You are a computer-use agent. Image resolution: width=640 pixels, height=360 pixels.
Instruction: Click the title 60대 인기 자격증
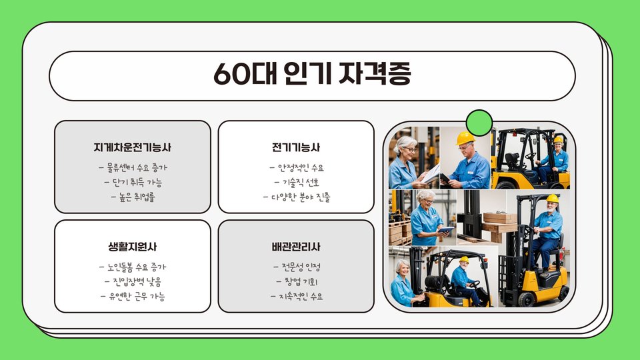click(x=312, y=74)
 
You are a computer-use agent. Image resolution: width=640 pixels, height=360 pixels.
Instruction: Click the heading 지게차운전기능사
click(x=132, y=147)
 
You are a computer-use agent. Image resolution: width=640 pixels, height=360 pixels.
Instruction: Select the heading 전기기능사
click(x=296, y=147)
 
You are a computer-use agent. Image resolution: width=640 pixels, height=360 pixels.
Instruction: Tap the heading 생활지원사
click(x=132, y=247)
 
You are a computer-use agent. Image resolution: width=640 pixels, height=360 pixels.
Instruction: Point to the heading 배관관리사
click(x=296, y=247)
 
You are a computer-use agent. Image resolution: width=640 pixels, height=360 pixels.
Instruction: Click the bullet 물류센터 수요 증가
click(x=133, y=167)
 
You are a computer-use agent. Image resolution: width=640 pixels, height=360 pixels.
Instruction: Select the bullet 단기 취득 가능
click(x=133, y=182)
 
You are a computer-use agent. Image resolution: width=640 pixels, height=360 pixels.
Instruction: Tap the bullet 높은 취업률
click(x=133, y=197)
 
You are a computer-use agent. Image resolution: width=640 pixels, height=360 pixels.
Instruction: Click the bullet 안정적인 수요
click(x=296, y=167)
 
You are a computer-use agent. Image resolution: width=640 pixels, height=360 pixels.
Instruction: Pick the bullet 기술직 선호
click(x=296, y=182)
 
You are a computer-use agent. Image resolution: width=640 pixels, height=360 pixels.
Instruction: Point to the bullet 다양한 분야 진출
click(x=296, y=197)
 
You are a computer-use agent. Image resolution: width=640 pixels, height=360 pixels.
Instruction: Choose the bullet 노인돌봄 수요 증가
click(x=133, y=267)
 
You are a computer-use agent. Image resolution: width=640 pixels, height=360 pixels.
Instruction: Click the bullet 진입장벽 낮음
click(x=133, y=281)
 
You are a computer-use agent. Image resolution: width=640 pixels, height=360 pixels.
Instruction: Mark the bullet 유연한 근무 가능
click(x=133, y=296)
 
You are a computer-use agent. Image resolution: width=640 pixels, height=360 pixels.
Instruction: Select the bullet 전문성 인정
click(x=296, y=267)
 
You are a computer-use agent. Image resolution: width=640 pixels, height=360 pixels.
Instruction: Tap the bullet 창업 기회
click(x=296, y=281)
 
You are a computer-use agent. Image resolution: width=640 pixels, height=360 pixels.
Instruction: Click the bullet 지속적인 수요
click(x=296, y=296)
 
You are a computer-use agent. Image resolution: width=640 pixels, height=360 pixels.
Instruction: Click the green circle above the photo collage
click(x=479, y=123)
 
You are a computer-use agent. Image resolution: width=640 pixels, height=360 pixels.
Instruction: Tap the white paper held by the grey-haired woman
click(x=431, y=174)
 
